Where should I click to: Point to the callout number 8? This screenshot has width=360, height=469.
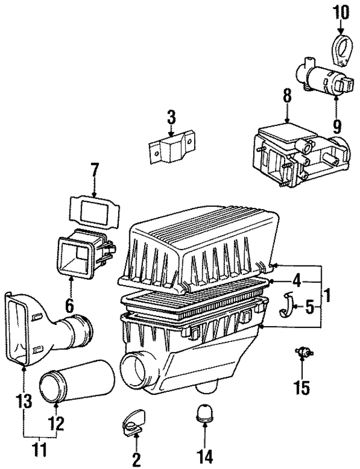[287, 96]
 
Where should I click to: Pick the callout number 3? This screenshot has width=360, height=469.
[171, 118]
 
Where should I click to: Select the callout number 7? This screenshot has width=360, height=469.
[94, 169]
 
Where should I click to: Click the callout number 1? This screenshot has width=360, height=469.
[327, 294]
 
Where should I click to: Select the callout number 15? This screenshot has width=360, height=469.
[302, 388]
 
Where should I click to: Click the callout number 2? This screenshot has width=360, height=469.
[135, 458]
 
